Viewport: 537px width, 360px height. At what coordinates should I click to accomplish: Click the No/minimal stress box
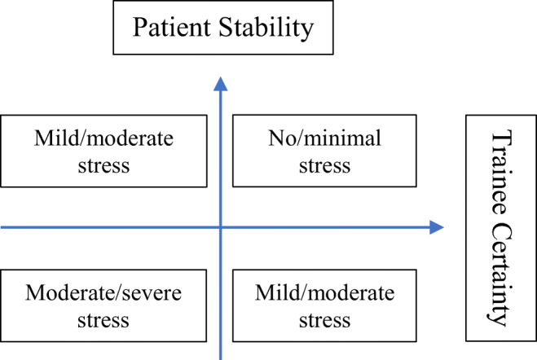tap(324, 151)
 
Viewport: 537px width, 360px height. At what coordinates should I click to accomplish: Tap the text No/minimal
tap(324, 138)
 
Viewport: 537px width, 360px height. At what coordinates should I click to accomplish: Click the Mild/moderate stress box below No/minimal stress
tap(324, 305)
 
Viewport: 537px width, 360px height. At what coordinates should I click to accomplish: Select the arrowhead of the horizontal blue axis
tap(438, 228)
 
